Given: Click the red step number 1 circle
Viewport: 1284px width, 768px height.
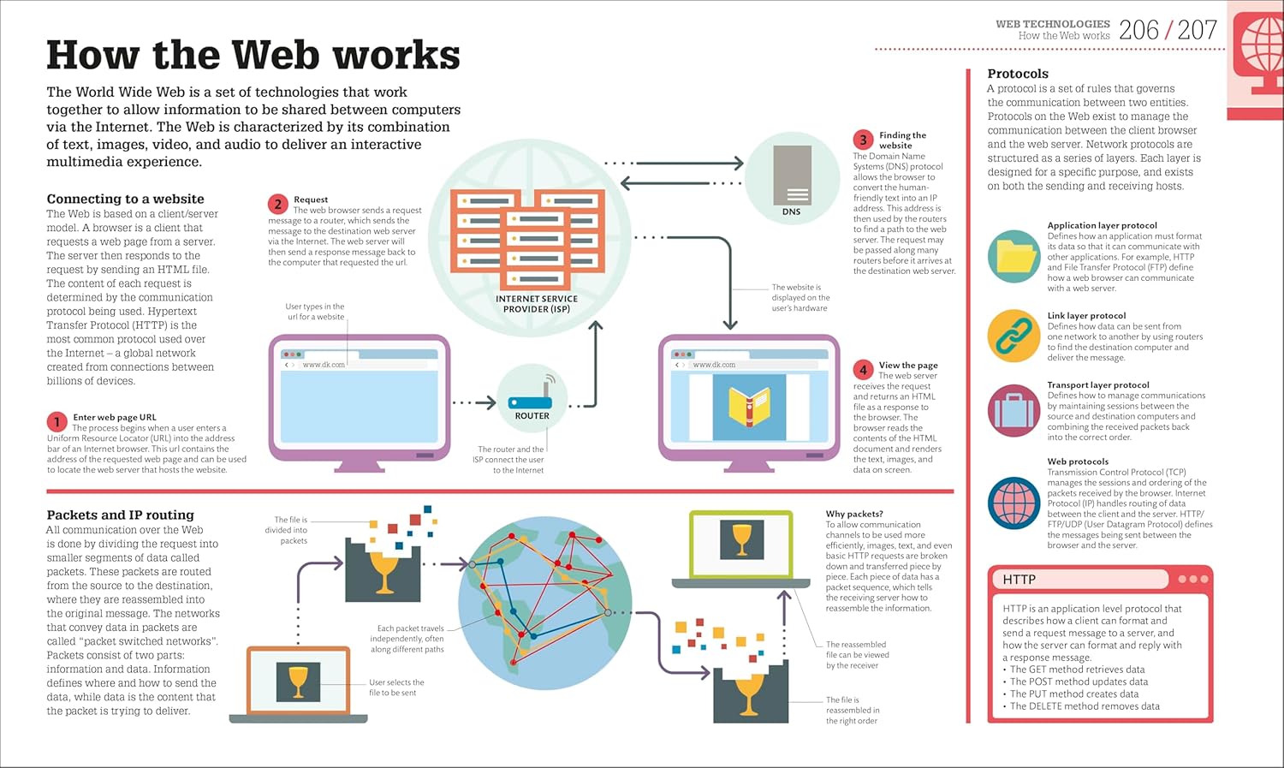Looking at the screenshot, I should point(56,421).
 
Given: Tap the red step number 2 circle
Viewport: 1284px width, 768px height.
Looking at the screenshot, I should point(277,204).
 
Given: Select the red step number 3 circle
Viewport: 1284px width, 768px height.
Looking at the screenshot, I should point(863,140).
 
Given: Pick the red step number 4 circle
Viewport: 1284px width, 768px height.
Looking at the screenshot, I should point(863,370).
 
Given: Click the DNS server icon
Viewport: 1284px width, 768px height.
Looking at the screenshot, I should point(792,175).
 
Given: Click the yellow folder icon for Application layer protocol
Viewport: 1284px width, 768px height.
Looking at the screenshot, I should point(1014,256).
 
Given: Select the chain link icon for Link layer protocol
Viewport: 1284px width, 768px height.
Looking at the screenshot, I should point(1014,336).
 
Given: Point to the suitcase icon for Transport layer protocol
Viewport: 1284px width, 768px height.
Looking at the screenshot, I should point(1014,411).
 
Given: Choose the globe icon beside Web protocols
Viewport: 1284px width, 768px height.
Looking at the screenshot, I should point(1014,503).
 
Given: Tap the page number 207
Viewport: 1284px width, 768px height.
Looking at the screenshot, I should point(1197,31).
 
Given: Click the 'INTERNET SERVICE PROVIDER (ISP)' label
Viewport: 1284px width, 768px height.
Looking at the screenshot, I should point(537,304).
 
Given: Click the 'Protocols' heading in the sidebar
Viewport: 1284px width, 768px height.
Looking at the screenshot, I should point(1018,74).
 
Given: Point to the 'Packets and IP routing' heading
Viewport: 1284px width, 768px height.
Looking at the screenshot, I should point(120,515).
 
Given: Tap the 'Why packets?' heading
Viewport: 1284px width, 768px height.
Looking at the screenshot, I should point(854,514).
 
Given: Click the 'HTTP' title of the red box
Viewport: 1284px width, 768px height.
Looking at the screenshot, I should point(1019,580).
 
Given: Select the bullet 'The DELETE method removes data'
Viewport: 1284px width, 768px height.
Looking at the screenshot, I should point(1085,706).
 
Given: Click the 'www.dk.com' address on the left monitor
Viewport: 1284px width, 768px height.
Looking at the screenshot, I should point(324,365).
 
